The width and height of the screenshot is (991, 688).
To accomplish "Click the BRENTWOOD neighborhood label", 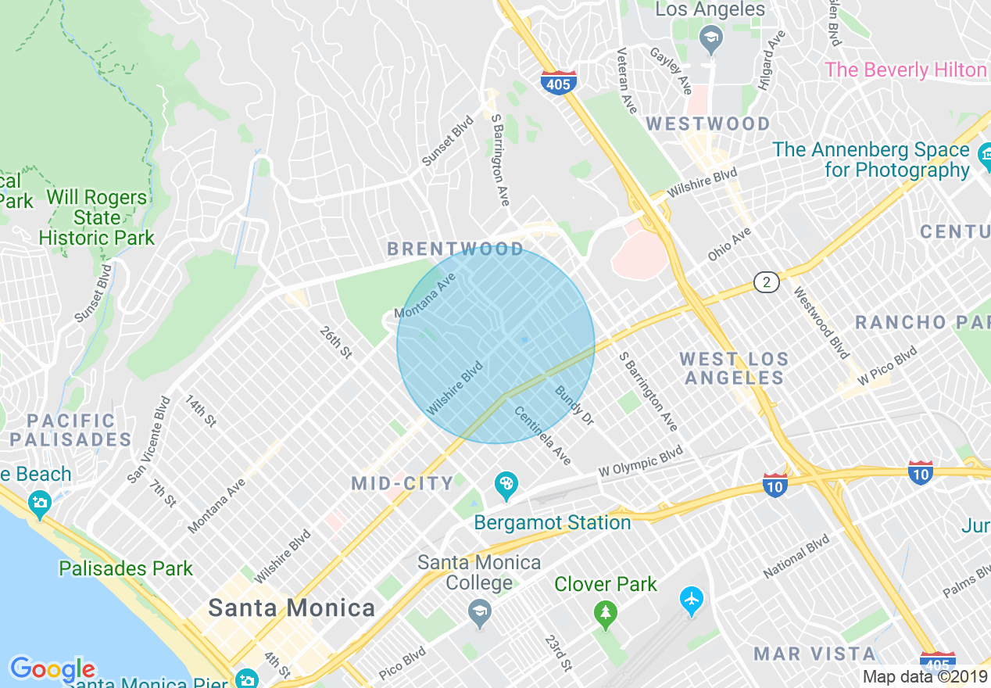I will click(456, 249).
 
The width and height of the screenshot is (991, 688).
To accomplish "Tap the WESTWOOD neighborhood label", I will click(708, 124).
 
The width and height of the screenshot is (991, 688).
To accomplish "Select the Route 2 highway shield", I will click(767, 282).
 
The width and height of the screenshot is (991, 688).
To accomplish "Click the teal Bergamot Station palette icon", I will click(506, 485).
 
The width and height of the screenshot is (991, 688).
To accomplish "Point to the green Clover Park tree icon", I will click(605, 615).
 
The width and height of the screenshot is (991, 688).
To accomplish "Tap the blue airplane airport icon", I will click(691, 600).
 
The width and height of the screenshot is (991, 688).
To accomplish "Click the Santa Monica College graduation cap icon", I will click(480, 615).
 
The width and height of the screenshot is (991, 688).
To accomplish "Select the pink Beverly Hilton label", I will click(906, 70).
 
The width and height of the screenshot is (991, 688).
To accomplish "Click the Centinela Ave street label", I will click(543, 435).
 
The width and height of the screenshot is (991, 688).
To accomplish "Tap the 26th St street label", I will click(335, 342).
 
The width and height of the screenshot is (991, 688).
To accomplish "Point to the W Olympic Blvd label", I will click(640, 462).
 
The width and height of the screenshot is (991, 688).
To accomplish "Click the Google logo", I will click(52, 669).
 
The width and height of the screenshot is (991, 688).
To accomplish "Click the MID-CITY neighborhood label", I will click(402, 483).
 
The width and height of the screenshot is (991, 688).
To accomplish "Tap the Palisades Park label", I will click(126, 568).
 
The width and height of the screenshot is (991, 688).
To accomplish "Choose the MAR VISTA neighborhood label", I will click(815, 654).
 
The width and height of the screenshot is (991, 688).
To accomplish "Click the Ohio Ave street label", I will click(729, 244).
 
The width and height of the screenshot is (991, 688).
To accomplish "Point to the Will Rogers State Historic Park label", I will click(97, 218).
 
